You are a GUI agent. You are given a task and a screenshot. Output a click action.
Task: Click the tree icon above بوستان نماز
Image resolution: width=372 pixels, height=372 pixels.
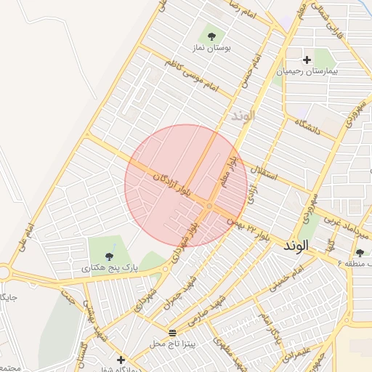point(211,35)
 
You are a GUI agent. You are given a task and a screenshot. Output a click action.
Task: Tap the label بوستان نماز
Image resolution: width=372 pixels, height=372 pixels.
point(211,47)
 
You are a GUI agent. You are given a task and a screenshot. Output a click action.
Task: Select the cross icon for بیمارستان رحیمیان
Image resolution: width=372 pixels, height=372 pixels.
point(307,60)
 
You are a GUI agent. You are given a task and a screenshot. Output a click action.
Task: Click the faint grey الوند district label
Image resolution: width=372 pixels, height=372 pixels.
point(243,116)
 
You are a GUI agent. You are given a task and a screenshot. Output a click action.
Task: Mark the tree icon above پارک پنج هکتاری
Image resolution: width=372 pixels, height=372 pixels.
point(109,256)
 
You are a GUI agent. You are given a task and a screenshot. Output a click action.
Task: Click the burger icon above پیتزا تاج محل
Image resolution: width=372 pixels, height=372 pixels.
point(172,332)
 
